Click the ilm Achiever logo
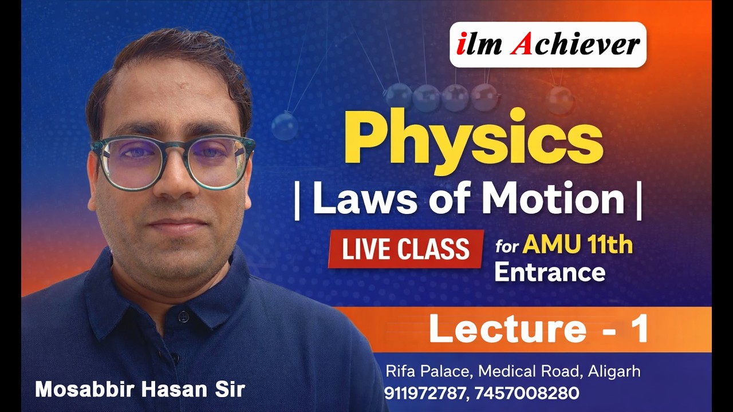tap(548, 45)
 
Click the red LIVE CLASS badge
tap(405, 249)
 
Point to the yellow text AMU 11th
tap(577, 245)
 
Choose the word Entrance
tap(549, 272)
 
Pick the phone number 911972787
tap(425, 394)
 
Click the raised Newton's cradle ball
tap(284, 126)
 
